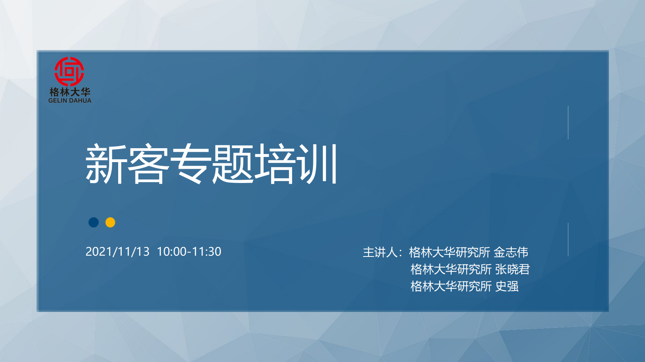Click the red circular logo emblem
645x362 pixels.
point(70,72)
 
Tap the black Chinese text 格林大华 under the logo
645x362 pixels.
point(70,92)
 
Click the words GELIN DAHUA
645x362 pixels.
point(70,100)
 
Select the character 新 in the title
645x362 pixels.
point(106,164)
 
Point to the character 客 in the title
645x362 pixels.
point(148,164)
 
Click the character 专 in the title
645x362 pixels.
point(190,164)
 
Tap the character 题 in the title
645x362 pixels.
point(232,164)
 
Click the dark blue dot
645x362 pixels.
point(94,222)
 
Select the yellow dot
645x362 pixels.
point(110,222)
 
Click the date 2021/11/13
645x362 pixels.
point(117,251)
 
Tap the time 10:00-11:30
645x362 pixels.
point(189,251)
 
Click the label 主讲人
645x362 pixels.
point(380,252)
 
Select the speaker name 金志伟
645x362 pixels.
point(511,252)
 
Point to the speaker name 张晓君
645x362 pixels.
point(513,269)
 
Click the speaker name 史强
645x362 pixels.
point(507,286)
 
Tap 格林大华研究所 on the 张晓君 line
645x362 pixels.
point(451,269)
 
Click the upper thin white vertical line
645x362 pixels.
point(568,123)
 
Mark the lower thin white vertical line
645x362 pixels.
point(568,239)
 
